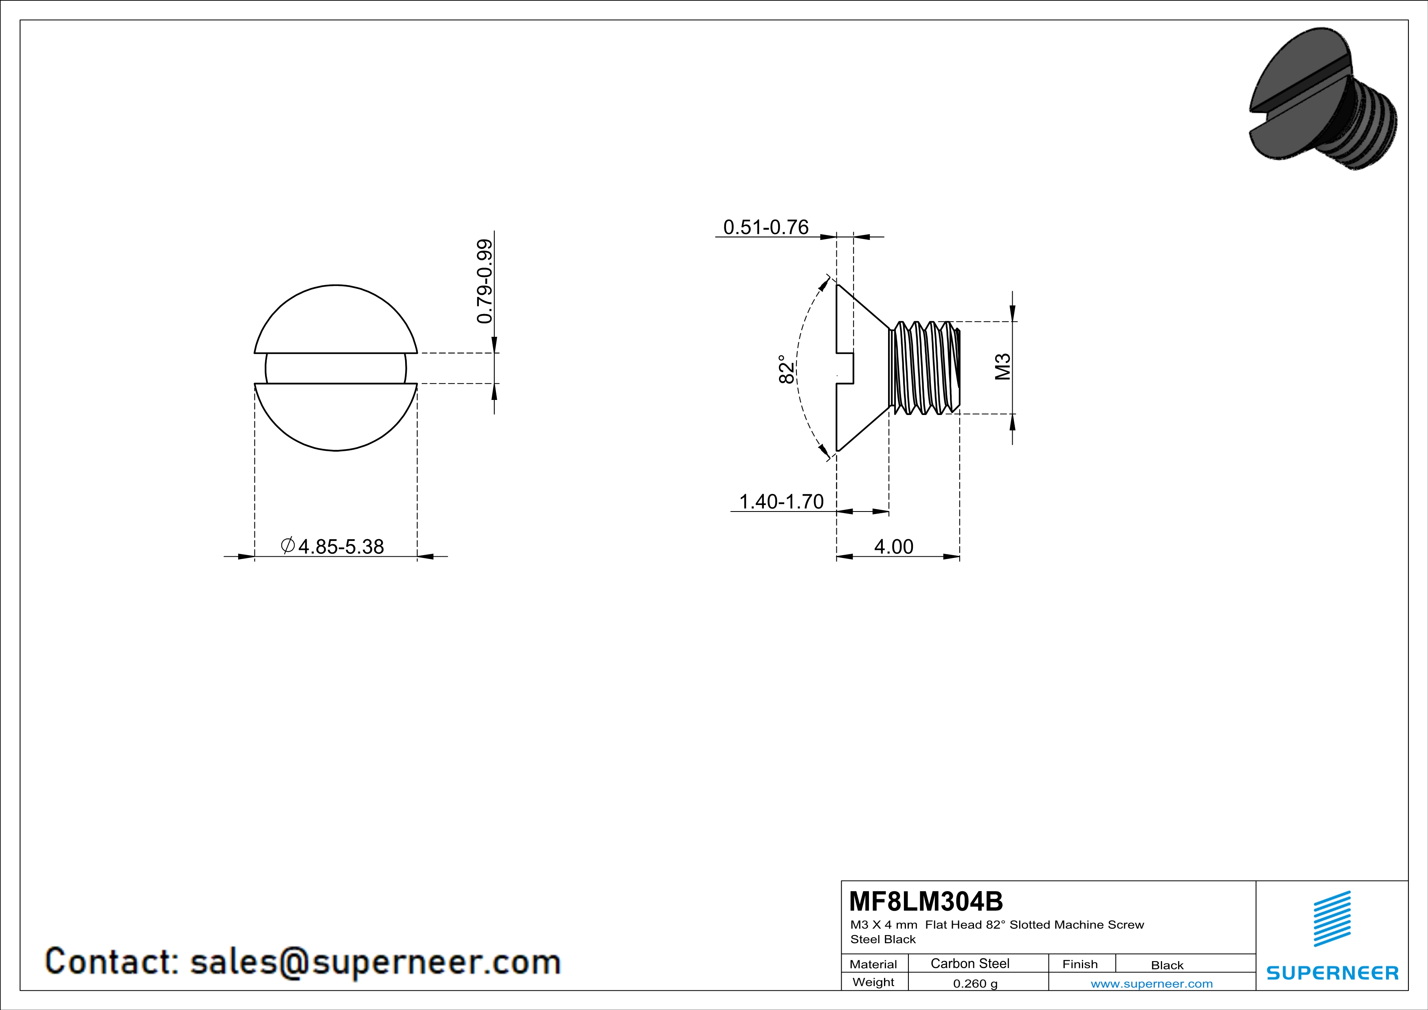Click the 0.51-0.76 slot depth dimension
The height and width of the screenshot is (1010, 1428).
pos(766,228)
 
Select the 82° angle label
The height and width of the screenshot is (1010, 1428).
pos(787,369)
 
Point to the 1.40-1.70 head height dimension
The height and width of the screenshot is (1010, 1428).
pos(781,501)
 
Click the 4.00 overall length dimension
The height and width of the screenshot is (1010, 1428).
pos(894,547)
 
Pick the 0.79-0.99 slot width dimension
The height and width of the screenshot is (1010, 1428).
pos(485,281)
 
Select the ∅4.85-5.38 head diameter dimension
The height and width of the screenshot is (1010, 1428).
pos(333,547)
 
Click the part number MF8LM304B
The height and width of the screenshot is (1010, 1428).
pos(926,900)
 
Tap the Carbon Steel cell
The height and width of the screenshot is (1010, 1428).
pos(970,963)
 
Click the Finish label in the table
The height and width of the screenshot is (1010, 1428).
pos(1080,964)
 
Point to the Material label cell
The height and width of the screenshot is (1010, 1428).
pos(873,964)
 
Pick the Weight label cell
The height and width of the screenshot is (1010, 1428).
pos(873,982)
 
